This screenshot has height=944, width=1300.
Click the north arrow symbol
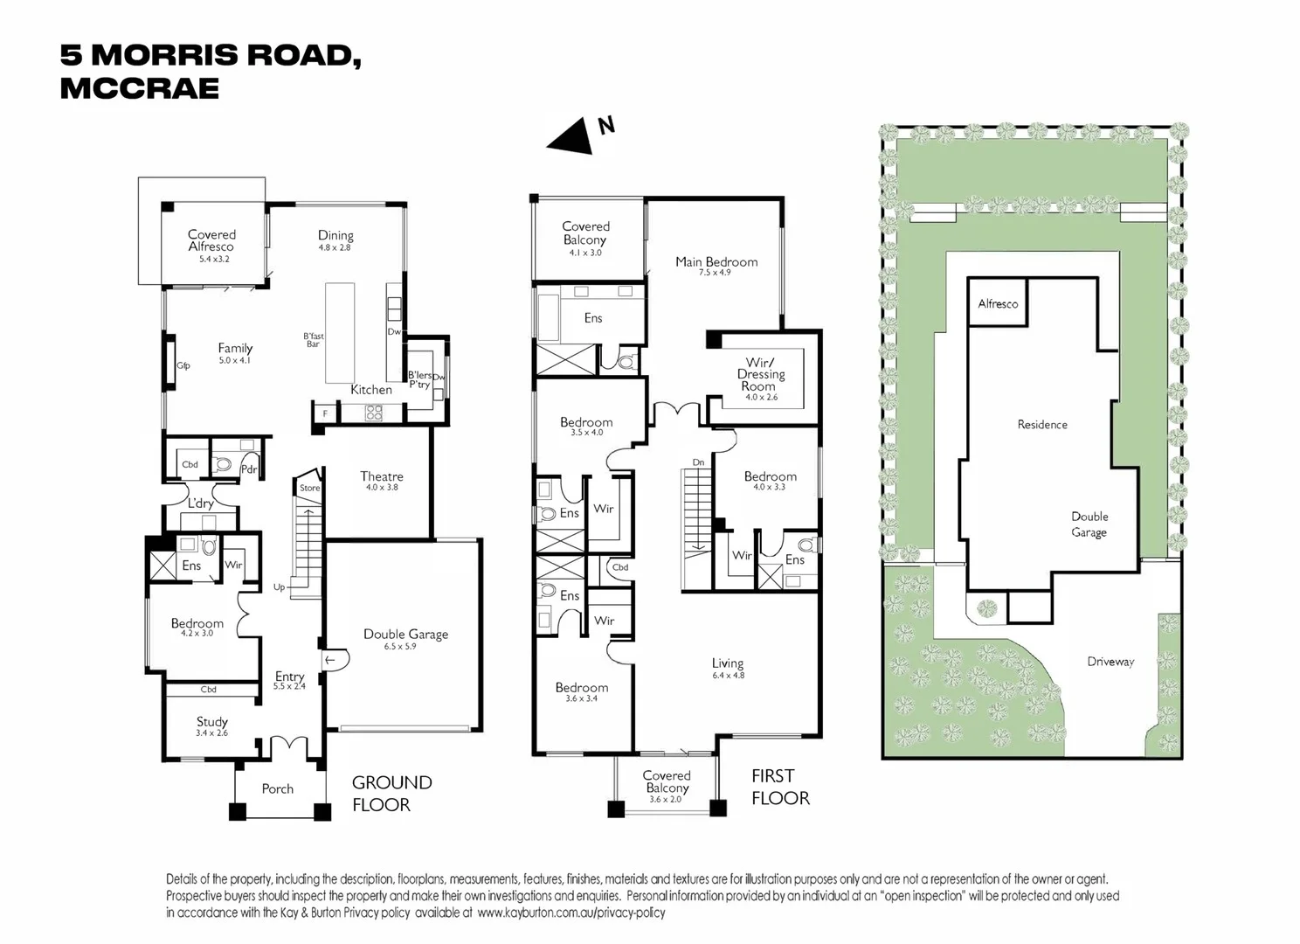click(x=572, y=136)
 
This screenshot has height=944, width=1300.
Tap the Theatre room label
click(x=382, y=476)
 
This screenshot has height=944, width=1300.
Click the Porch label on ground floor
click(x=278, y=788)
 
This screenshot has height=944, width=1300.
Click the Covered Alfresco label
click(x=211, y=240)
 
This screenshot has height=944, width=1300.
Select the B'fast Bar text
click(x=313, y=340)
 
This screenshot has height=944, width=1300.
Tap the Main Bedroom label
click(x=716, y=261)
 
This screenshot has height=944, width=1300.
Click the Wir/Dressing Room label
click(x=760, y=374)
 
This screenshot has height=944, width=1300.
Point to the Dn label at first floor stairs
click(x=698, y=462)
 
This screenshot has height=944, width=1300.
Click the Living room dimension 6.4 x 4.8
click(x=728, y=676)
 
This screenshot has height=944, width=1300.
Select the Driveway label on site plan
click(x=1110, y=662)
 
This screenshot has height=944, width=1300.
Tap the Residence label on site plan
click(x=1042, y=425)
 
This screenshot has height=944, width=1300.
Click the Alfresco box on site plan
click(x=998, y=304)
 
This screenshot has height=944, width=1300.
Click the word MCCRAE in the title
click(x=140, y=88)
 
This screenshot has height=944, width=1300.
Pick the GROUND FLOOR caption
click(x=391, y=794)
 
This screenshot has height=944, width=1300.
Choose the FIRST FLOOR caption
click(x=779, y=787)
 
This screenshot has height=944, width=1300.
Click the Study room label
click(x=211, y=722)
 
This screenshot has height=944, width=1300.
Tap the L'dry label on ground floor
click(x=201, y=503)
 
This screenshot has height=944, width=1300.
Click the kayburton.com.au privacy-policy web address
click(x=571, y=913)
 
